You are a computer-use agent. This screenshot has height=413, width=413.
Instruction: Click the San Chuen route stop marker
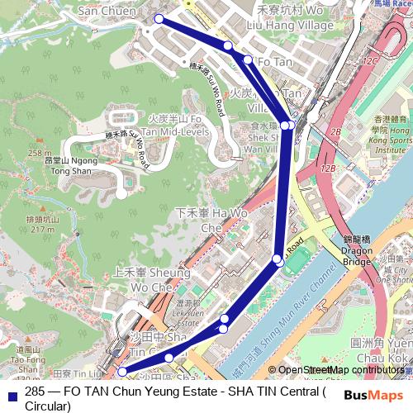(x=158, y=19)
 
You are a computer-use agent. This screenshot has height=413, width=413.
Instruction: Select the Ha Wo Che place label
(x=201, y=219)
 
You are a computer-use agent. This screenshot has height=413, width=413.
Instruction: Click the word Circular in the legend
(x=48, y=406)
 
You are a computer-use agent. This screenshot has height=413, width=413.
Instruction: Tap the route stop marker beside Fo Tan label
(x=248, y=59)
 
